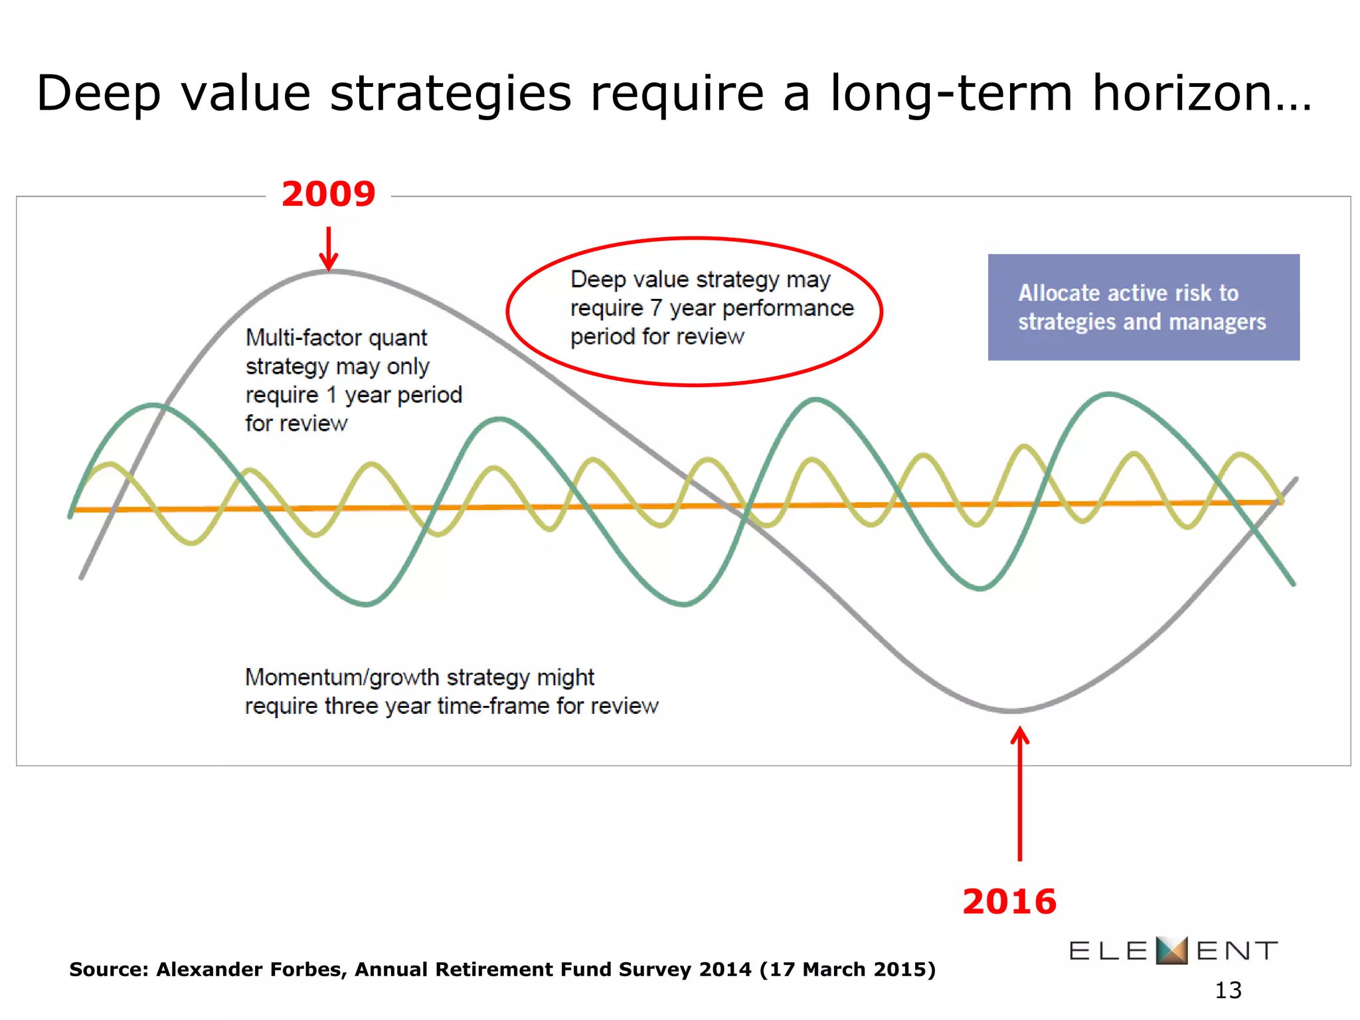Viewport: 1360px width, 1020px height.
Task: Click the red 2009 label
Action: click(328, 195)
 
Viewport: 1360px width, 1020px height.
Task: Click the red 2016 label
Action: click(1009, 902)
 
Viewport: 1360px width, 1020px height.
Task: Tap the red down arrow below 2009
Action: click(328, 249)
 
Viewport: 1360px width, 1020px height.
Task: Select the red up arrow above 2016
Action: click(1019, 794)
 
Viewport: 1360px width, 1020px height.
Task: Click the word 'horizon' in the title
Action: click(1189, 93)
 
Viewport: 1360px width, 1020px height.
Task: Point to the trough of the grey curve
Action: click(1013, 711)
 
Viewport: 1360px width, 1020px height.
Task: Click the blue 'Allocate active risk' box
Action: click(1143, 307)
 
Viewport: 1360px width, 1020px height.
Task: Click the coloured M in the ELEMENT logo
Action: click(1171, 950)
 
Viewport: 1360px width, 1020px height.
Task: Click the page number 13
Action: click(1228, 990)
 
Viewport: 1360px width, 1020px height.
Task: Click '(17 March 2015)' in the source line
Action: click(847, 970)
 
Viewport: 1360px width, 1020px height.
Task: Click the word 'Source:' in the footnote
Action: click(109, 970)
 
